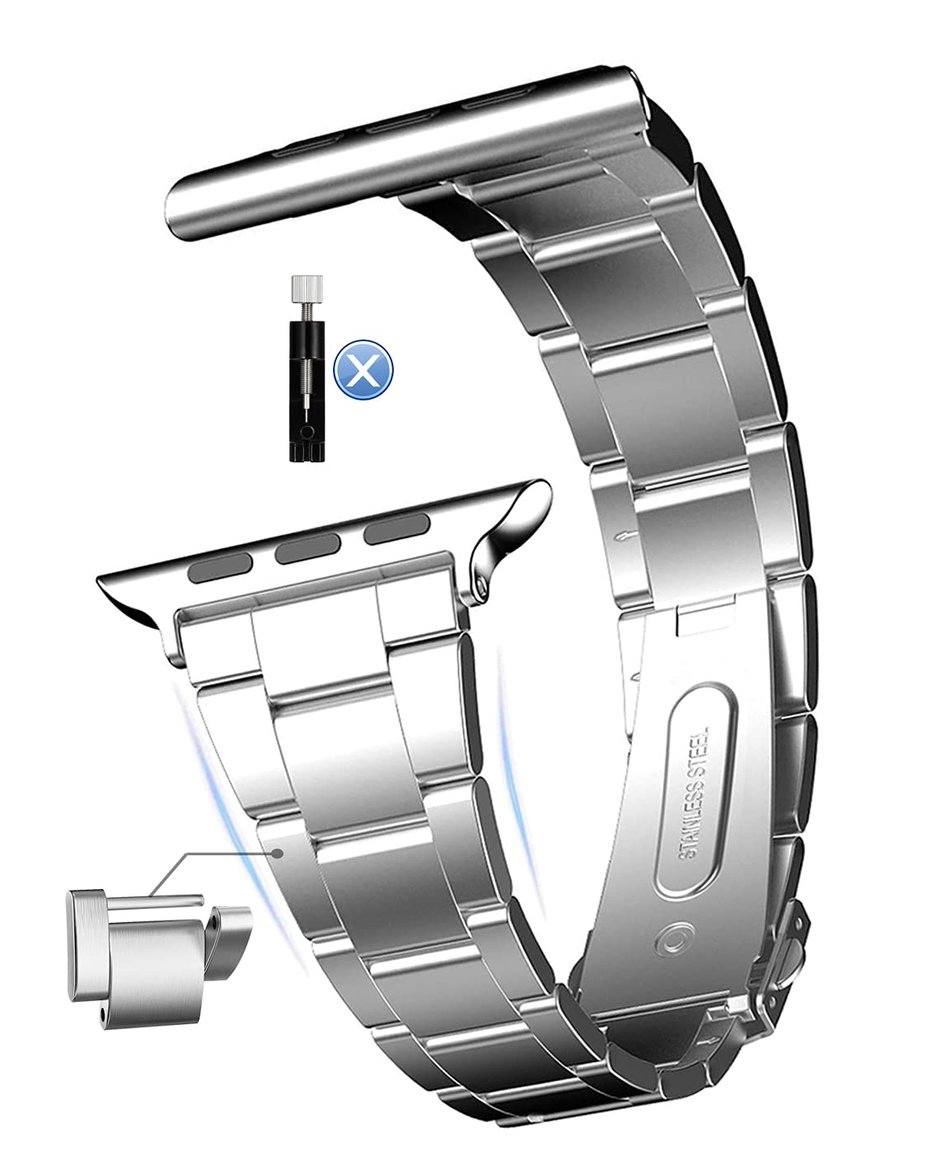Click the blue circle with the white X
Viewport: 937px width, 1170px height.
click(363, 369)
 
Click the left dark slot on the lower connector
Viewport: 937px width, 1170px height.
click(222, 567)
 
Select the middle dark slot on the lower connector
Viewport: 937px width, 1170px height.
click(308, 551)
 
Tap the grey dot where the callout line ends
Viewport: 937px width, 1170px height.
click(281, 853)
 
